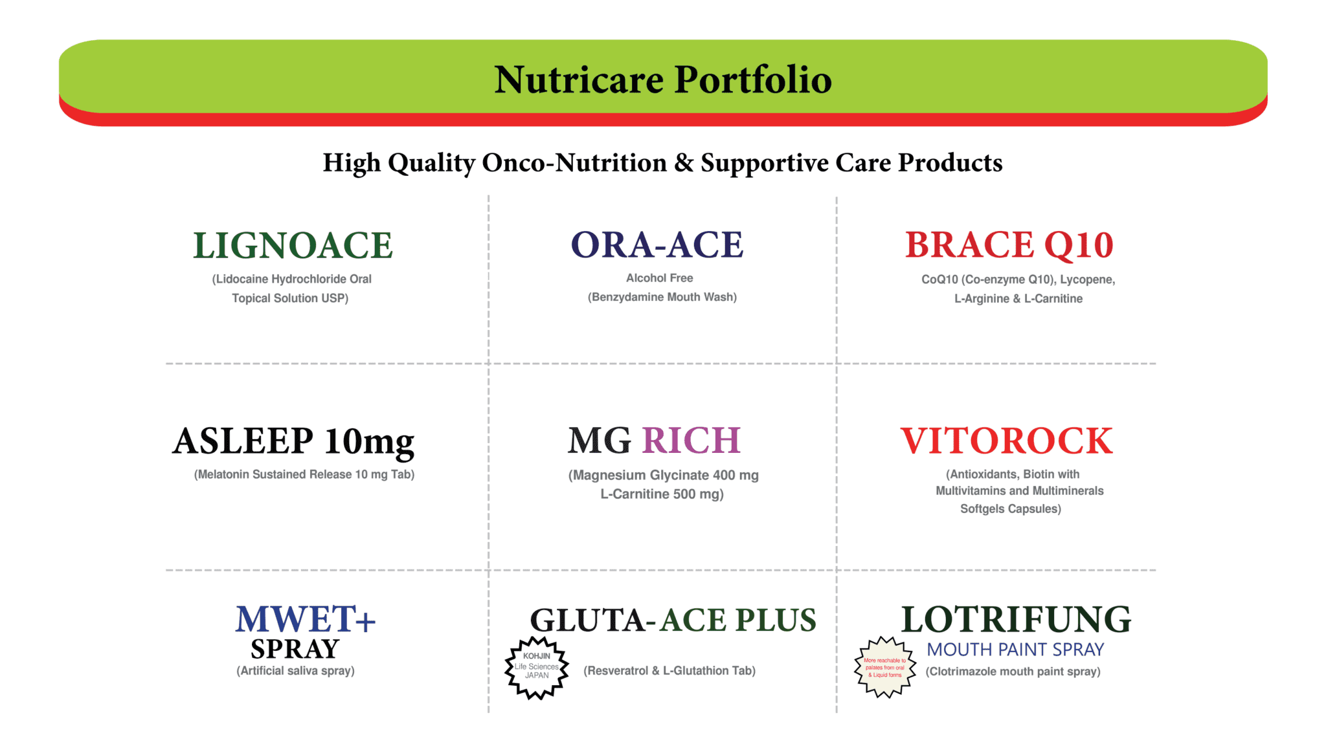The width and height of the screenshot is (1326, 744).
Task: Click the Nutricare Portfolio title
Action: [x=662, y=80]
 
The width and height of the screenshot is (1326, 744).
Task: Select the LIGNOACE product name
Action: [x=293, y=246]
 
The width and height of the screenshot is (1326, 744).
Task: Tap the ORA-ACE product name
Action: [x=657, y=245]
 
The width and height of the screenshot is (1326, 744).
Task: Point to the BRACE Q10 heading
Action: [x=1009, y=245]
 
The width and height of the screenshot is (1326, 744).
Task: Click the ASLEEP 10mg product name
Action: [x=293, y=442]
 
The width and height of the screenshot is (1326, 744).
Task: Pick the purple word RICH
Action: [x=691, y=441]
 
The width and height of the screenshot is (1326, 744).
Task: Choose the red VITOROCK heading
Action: [x=1006, y=441]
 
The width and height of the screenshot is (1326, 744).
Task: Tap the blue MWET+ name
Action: [x=305, y=619]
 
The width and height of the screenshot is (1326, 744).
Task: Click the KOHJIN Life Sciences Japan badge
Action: [x=536, y=667]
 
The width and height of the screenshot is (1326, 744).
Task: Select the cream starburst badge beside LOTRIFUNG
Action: [x=885, y=667]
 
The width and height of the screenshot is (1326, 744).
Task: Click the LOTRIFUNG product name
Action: [x=1016, y=619]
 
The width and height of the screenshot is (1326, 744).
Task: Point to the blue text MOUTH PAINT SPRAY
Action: [x=1015, y=650]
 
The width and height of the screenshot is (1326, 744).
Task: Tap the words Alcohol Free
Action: [x=659, y=278]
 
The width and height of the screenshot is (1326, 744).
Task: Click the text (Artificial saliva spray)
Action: [x=295, y=671]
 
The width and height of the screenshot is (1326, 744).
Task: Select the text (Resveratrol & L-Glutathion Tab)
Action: [x=669, y=671]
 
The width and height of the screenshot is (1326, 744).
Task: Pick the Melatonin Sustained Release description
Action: [x=304, y=475]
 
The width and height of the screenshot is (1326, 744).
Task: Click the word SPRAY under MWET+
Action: [x=295, y=649]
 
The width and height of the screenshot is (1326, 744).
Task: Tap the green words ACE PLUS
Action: [x=738, y=620]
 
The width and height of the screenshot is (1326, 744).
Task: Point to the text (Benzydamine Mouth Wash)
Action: [x=662, y=297]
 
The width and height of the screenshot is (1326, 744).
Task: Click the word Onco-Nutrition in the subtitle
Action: [x=574, y=163]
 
